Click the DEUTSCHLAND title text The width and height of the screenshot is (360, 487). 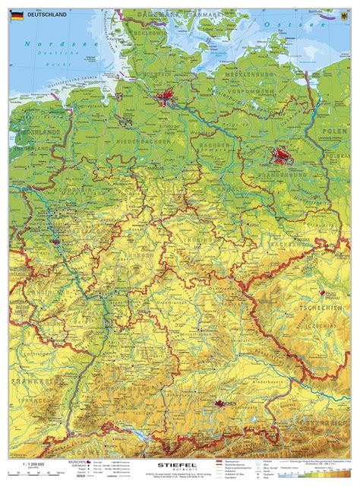(46, 14)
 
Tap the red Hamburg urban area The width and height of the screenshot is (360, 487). (167, 96)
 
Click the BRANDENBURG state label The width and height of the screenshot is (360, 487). (283, 176)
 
